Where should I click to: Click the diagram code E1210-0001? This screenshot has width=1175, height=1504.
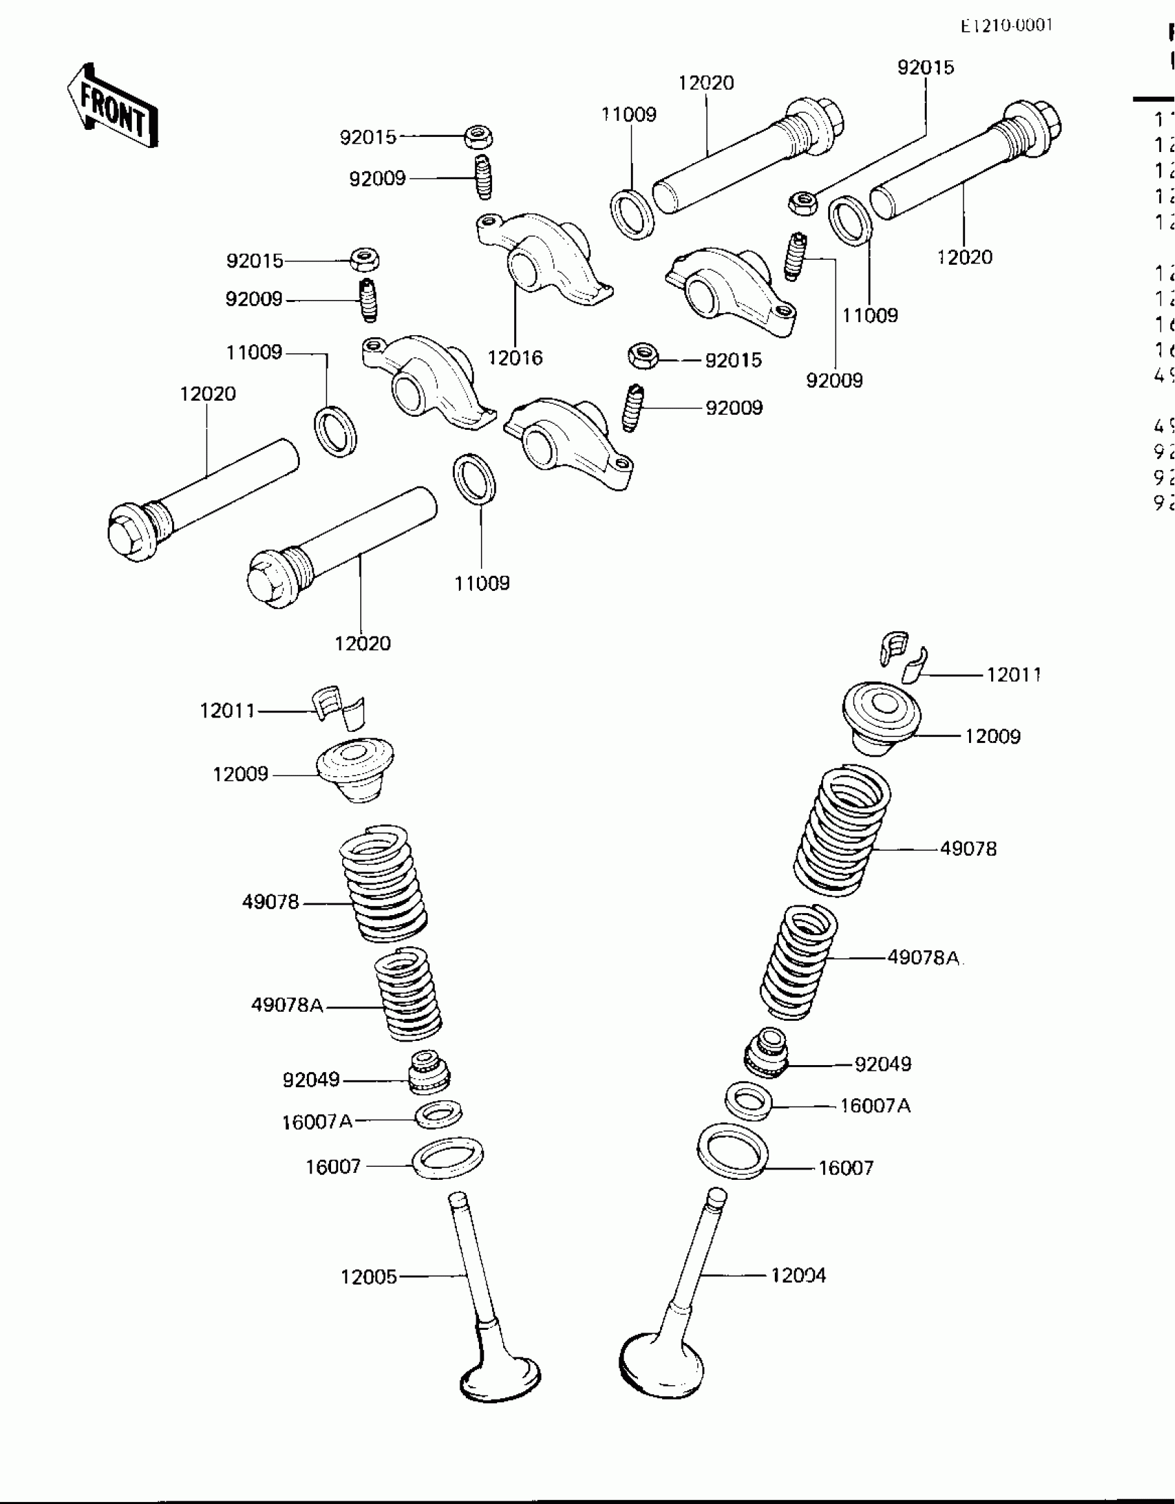click(x=1006, y=26)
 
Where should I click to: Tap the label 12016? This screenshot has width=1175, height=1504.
click(x=515, y=358)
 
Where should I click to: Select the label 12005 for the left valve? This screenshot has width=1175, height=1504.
click(x=369, y=1277)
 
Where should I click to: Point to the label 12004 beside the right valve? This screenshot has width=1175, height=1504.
click(x=798, y=1275)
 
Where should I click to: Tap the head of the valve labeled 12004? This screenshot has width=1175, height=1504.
click(x=661, y=1365)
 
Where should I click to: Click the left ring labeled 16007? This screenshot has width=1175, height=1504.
click(x=447, y=1158)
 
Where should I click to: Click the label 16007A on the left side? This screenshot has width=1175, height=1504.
click(x=317, y=1121)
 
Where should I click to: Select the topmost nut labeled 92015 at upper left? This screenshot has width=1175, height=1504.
click(x=478, y=136)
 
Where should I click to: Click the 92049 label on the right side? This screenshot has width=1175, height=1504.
click(x=883, y=1064)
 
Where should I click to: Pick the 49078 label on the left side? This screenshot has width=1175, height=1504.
click(x=270, y=902)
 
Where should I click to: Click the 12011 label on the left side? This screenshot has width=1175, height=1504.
click(x=227, y=711)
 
